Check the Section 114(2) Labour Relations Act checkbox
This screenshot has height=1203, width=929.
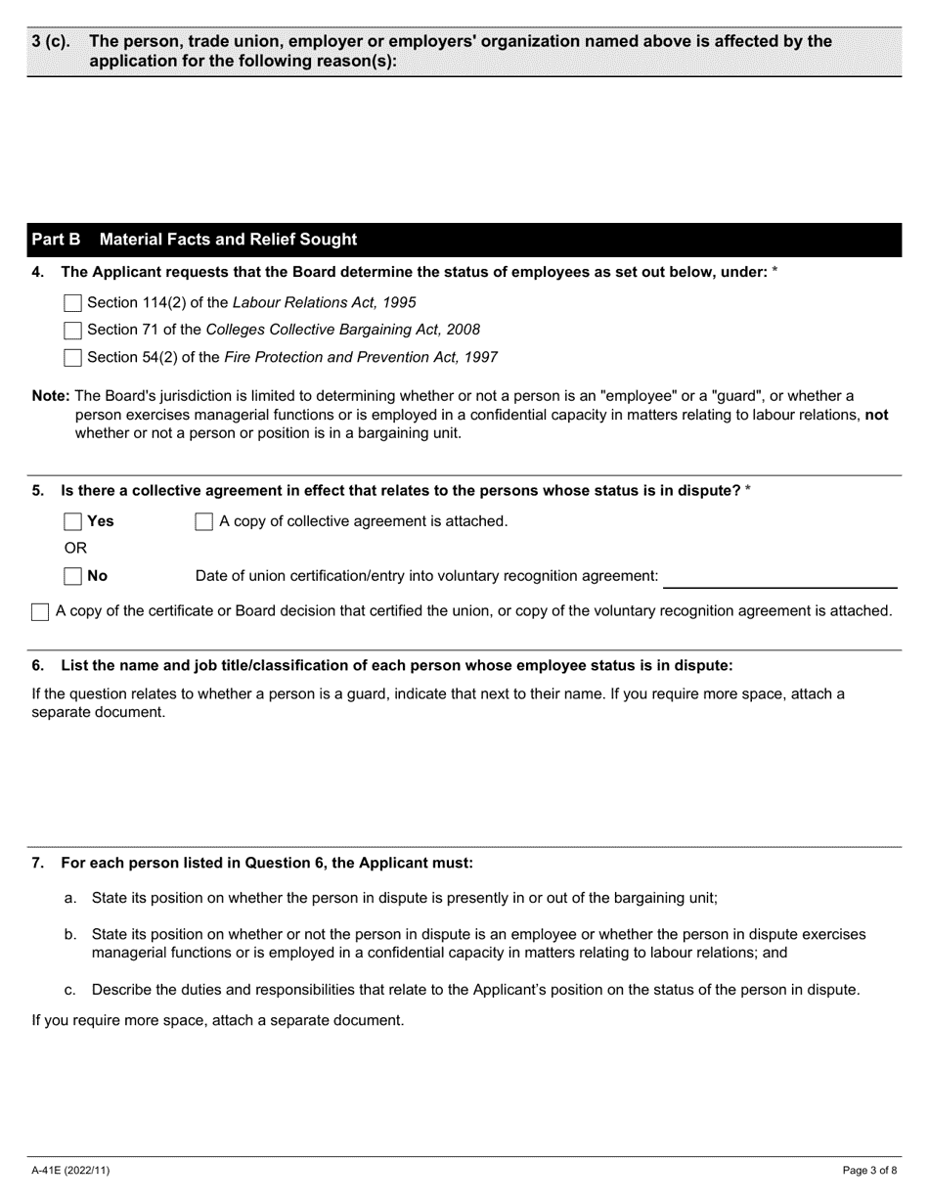tap(72, 303)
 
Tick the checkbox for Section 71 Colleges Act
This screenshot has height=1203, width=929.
tap(72, 331)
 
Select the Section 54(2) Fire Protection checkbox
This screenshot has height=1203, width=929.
tap(72, 358)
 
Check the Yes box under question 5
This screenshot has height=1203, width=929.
tap(72, 522)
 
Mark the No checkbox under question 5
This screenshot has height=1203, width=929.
tap(72, 577)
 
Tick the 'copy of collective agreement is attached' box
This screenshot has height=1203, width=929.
tap(204, 522)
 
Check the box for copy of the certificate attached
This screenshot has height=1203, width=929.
tap(40, 612)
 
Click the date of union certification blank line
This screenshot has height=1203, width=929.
tap(779, 578)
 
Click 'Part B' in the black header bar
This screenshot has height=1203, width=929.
tap(56, 240)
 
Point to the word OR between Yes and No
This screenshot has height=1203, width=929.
tap(75, 549)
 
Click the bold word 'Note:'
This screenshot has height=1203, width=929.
tap(51, 396)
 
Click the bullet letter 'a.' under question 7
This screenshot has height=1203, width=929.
tap(70, 898)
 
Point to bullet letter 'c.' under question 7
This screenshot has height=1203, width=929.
tap(70, 990)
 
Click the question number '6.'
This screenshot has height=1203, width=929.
tap(38, 666)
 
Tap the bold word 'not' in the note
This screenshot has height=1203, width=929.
tap(876, 415)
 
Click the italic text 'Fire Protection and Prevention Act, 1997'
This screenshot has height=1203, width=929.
tap(361, 358)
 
